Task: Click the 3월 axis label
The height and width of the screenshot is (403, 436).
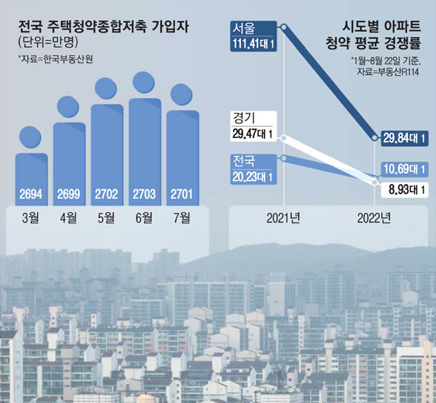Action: pos(30,217)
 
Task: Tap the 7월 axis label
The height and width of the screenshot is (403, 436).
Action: pos(182,217)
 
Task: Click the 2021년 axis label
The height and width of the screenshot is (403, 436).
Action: pos(284,218)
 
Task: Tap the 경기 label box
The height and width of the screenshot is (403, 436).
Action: pos(244,118)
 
